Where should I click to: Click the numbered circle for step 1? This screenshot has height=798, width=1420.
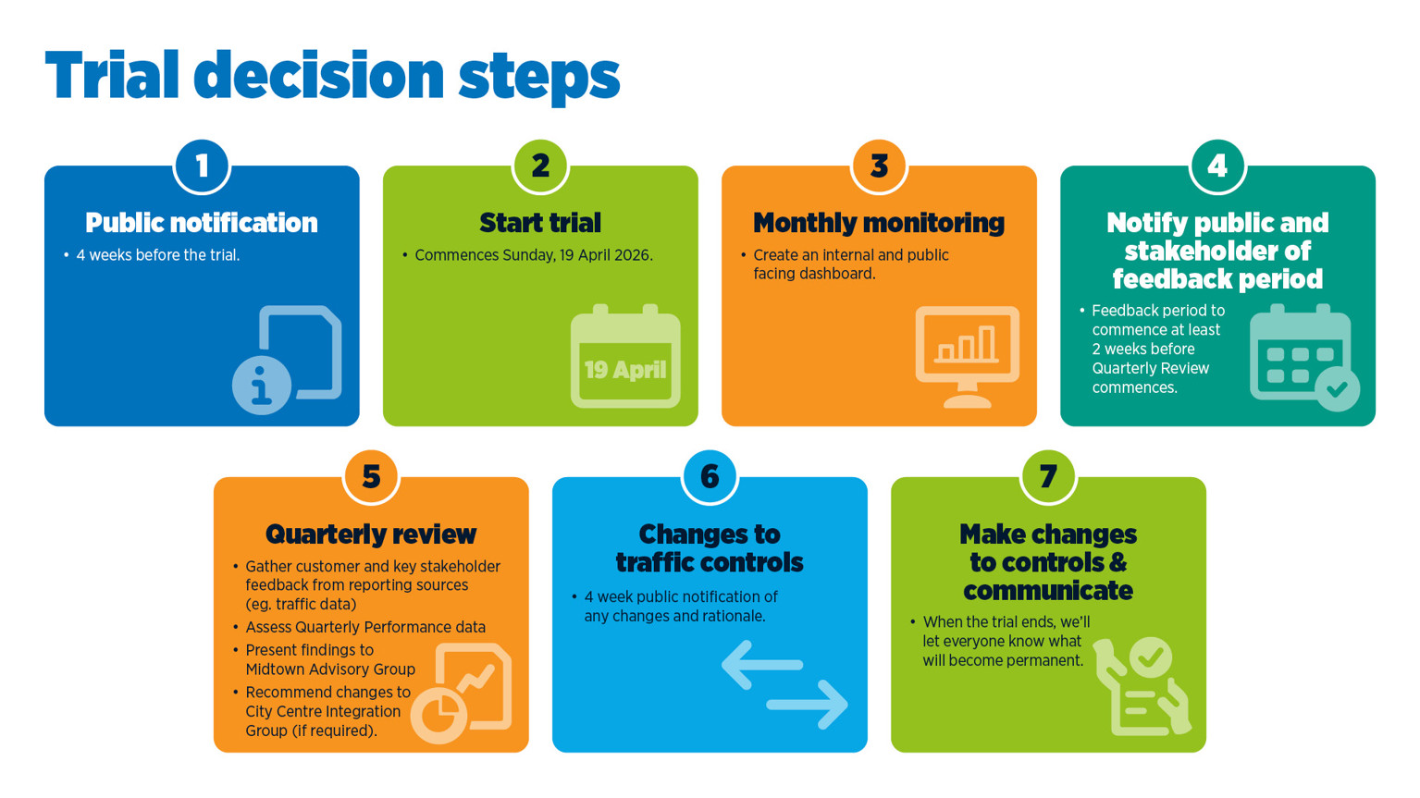pos(202,166)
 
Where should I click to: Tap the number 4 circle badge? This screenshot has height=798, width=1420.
pos(1217,166)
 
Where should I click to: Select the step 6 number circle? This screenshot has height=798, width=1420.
pos(710,477)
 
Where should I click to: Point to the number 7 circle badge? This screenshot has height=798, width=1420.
pos(1048,477)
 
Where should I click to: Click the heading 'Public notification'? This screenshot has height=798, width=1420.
pos(202,223)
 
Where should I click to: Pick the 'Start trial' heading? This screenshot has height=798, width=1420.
pos(540,223)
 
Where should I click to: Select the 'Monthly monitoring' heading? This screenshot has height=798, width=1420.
pos(879,223)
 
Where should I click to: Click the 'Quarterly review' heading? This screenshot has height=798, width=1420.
pos(371,534)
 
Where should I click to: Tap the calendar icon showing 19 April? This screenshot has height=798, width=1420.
pos(625,358)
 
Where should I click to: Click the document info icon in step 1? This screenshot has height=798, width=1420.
pos(288,359)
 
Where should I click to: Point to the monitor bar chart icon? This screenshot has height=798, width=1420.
pos(967,355)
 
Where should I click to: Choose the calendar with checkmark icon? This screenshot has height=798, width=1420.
pos(1303,357)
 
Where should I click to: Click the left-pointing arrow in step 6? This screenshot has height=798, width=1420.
pos(760,665)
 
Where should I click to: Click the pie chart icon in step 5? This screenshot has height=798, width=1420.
pos(438,716)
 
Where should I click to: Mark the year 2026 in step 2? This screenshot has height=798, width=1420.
pos(632,255)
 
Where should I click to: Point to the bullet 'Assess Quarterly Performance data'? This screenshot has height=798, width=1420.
pos(365,627)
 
